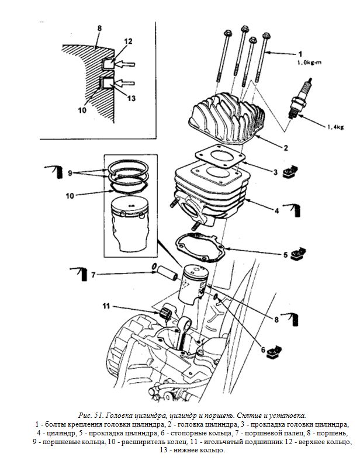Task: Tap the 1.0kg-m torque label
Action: click(310, 63)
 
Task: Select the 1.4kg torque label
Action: click(335, 127)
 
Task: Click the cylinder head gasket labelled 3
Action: click(220, 156)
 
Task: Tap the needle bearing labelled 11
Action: click(165, 313)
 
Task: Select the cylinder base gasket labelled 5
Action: click(200, 248)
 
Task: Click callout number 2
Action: click(286, 148)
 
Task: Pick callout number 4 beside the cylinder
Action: click(277, 210)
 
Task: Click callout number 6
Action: click(263, 350)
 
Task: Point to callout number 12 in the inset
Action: click(129, 41)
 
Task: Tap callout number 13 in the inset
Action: click(131, 98)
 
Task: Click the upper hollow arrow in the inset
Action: click(126, 64)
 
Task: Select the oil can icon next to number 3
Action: click(290, 172)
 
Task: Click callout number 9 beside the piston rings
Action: click(70, 174)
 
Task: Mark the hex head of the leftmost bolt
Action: click(227, 33)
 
